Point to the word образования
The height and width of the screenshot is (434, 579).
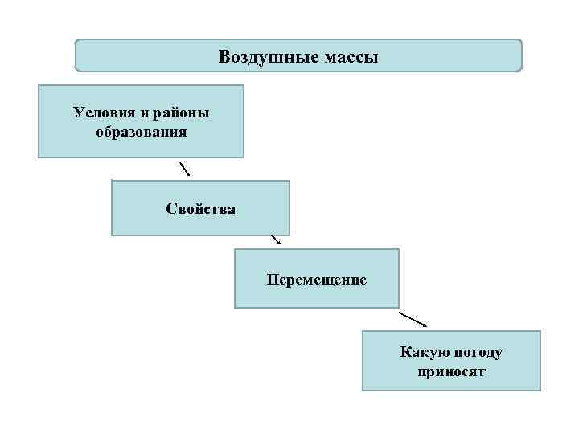point(141,131)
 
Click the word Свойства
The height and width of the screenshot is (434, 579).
point(201,209)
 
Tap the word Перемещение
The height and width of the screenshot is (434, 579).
point(317,280)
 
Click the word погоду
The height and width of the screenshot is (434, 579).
point(479,353)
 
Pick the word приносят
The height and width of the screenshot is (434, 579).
point(452,372)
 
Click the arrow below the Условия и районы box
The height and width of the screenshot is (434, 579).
point(184,168)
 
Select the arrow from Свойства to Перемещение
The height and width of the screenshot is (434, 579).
point(276,240)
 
